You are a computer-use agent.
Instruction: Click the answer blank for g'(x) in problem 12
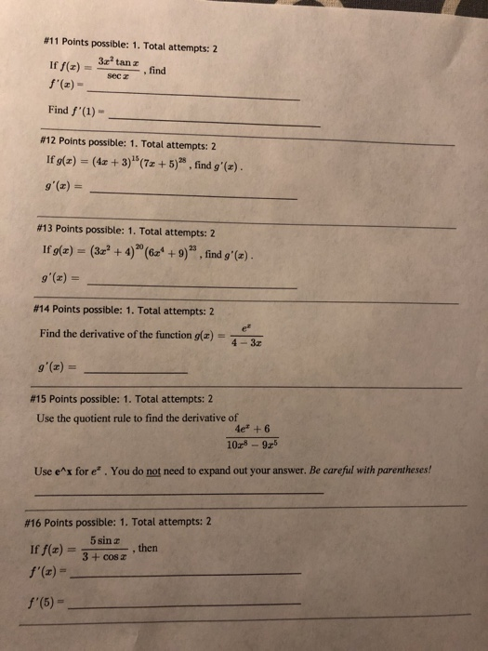coord(195,197)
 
